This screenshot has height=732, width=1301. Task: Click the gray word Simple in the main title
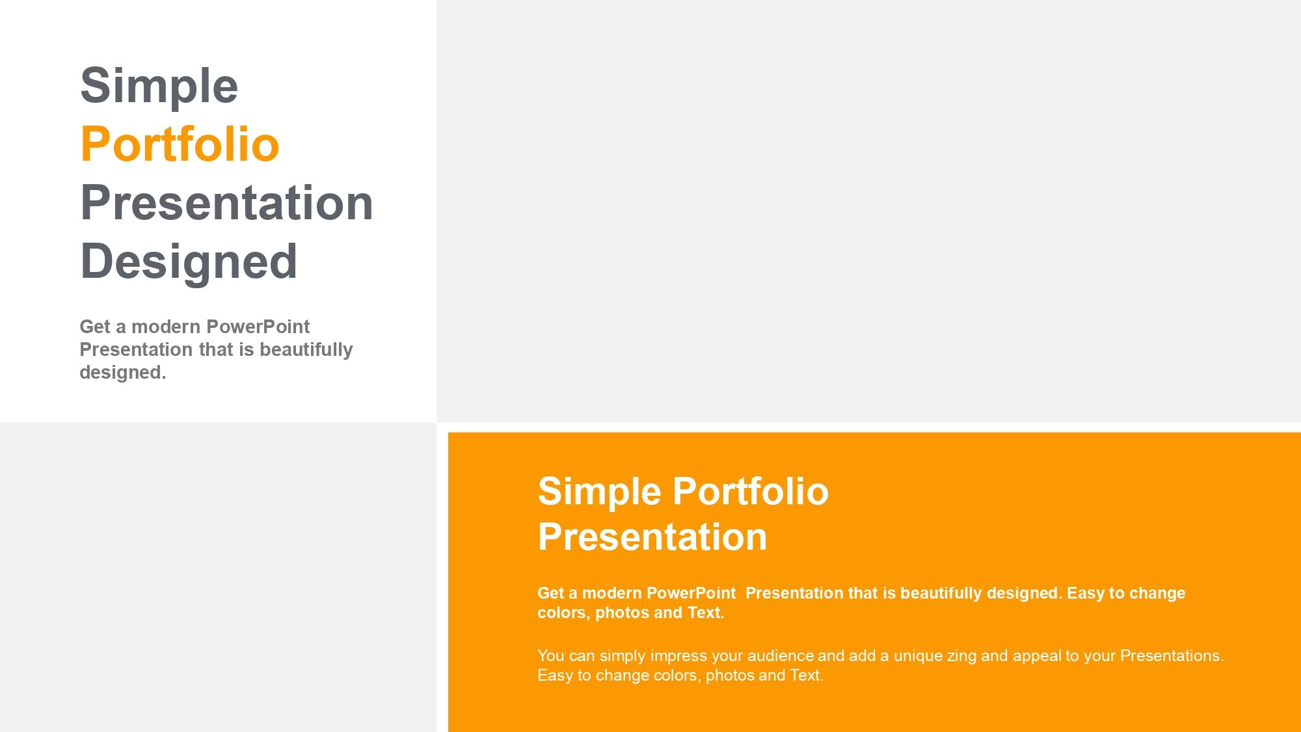tap(159, 86)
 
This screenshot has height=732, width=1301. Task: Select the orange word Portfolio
tap(180, 144)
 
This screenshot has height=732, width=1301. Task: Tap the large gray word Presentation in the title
tap(226, 203)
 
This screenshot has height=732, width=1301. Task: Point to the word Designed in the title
tap(189, 262)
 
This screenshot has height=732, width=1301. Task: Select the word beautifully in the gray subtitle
tap(306, 349)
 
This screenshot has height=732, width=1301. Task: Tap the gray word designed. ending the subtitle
tap(122, 372)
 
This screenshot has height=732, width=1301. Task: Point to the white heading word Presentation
tap(652, 537)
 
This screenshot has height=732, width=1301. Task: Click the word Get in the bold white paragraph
tap(550, 593)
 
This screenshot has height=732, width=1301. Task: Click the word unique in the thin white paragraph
tap(918, 656)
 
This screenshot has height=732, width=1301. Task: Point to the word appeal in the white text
tap(1036, 656)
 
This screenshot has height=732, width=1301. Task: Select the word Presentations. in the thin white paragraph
tap(1172, 656)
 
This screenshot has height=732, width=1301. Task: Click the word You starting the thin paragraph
tap(550, 656)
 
